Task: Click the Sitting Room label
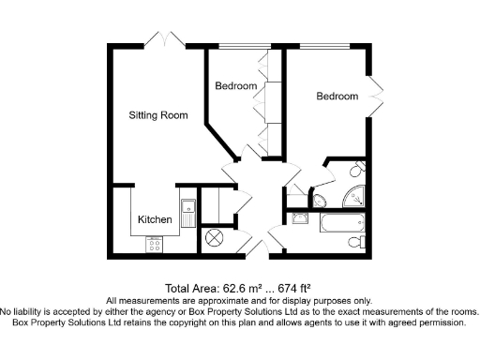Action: click(158, 115)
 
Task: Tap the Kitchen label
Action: click(155, 218)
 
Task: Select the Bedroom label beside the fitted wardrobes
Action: click(235, 86)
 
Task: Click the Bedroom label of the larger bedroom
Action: click(337, 97)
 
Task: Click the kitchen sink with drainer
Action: click(187, 214)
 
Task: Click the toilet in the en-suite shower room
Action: click(357, 170)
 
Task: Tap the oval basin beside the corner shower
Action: click(318, 199)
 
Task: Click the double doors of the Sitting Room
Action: click(170, 37)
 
